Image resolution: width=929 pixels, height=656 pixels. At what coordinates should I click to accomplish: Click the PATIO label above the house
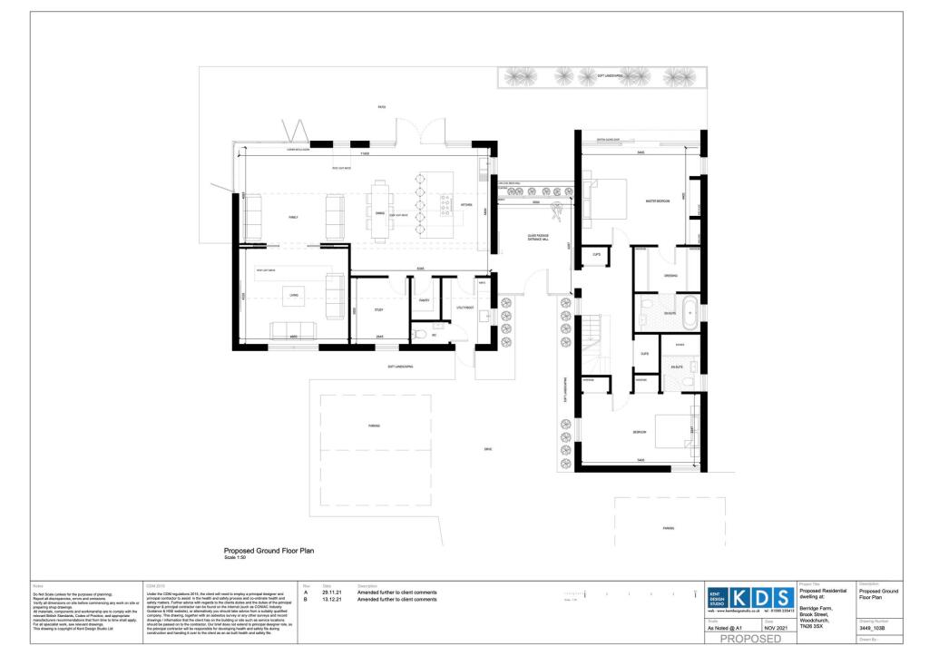[382, 108]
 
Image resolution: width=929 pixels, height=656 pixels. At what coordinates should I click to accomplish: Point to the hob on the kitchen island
[445, 210]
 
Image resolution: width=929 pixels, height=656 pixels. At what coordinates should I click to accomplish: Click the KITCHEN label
[467, 206]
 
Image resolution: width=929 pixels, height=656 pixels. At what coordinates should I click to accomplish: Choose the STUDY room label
[378, 310]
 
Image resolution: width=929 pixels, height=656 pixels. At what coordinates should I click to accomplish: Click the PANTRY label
[423, 300]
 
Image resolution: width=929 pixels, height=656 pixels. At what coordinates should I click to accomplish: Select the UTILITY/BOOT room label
[464, 308]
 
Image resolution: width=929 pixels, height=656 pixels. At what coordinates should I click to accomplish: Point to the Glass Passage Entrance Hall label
[539, 238]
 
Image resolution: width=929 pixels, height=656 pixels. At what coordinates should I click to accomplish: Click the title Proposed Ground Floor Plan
[269, 550]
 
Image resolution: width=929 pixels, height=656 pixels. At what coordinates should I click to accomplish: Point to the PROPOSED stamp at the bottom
[749, 641]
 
